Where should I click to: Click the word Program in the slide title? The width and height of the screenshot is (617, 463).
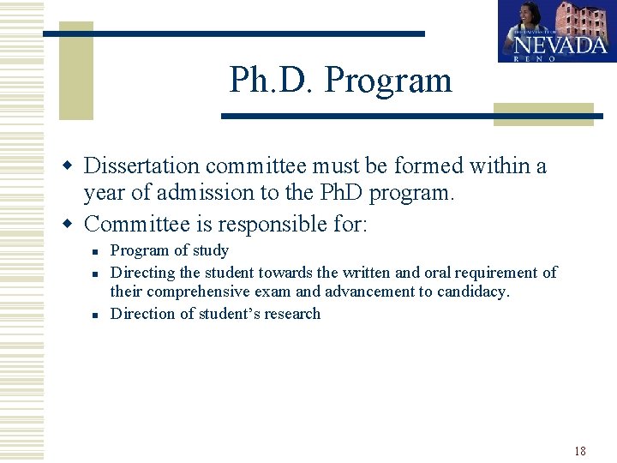coord(388,81)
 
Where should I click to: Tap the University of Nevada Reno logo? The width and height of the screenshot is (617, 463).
coord(557,31)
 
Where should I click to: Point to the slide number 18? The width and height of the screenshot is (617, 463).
coord(580,451)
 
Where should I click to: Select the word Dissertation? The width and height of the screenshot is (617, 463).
coord(141,165)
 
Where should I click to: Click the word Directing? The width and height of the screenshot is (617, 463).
coord(143,273)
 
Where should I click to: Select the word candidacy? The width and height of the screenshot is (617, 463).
coord(472,292)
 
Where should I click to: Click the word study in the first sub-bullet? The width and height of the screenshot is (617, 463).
coord(211,251)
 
